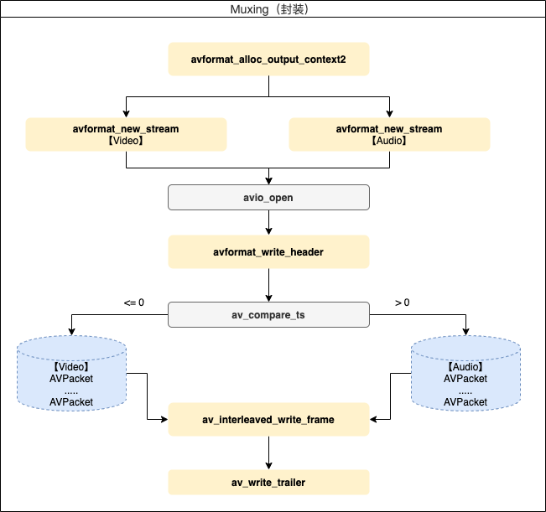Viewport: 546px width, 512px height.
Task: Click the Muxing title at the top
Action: tap(273, 9)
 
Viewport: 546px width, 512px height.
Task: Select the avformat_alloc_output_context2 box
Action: tap(268, 59)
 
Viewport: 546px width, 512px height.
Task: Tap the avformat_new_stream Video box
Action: tap(126, 134)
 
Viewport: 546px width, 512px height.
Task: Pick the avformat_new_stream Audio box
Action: tap(389, 134)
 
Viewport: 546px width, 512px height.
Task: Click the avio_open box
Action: tap(268, 198)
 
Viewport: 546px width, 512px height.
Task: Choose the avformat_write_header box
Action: tap(268, 251)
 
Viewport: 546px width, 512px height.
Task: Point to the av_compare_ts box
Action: tap(268, 315)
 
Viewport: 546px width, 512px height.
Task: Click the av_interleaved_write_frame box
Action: tap(268, 419)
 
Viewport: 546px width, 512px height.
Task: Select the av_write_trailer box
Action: tap(268, 482)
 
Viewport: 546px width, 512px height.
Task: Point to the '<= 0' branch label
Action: tap(134, 302)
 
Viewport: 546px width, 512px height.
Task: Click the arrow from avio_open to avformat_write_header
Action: tap(268, 222)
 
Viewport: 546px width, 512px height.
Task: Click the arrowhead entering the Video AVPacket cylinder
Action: tap(71, 333)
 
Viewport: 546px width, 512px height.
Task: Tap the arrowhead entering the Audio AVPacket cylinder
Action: tap(465, 333)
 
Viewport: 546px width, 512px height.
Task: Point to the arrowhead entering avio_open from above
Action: tap(268, 181)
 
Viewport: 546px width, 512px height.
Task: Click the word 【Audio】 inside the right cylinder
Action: tap(465, 367)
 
